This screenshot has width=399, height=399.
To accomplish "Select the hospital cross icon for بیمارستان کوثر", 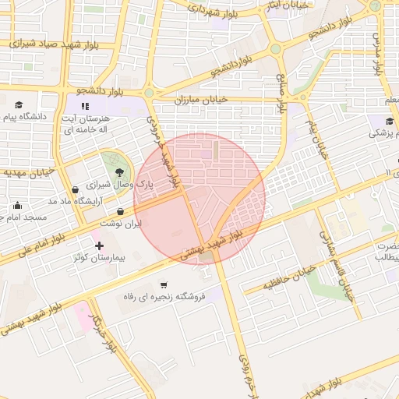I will tap(99, 246).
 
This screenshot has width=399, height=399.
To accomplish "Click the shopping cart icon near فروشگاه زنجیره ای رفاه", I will tap(164, 284).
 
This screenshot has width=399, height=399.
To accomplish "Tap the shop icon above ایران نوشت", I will tap(120, 211).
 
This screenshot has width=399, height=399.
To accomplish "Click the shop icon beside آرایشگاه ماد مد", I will tap(75, 189).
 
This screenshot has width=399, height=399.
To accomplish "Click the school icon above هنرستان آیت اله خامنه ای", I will tap(85, 104).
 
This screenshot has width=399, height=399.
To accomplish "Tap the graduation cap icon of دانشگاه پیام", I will tap(19, 104).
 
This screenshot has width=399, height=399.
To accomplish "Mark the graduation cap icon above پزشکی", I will tap(390, 121).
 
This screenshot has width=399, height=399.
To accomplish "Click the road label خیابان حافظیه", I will tap(289, 277).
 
